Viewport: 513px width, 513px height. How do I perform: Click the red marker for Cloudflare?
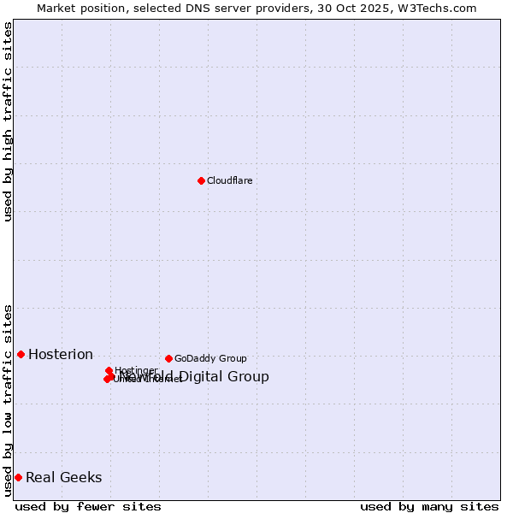[x=201, y=180]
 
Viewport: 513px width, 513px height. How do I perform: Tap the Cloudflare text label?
[x=229, y=180]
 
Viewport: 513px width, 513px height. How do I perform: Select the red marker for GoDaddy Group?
[x=168, y=358]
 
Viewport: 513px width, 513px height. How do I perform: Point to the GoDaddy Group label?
[x=210, y=358]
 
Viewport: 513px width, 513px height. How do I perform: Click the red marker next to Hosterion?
[x=21, y=354]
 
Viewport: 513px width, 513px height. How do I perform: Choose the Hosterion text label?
[x=61, y=355]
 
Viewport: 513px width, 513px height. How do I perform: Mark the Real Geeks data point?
[x=18, y=477]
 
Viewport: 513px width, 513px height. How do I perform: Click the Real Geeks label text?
[x=64, y=478]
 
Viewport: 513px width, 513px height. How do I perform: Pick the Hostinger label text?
[x=136, y=370]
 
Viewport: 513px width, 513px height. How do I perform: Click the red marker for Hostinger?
[x=109, y=370]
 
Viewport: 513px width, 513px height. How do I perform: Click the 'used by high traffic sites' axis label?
[x=8, y=121]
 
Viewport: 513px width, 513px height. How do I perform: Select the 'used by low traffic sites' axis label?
[x=8, y=400]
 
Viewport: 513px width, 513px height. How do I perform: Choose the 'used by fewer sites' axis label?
[x=88, y=506]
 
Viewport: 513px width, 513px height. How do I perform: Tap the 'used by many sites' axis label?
[x=429, y=506]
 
